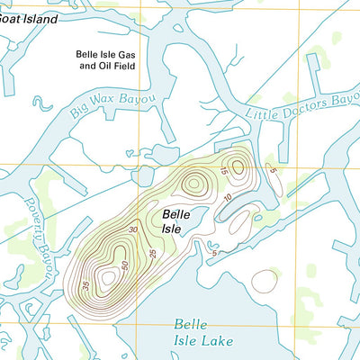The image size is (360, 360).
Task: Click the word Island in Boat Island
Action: point(38,19)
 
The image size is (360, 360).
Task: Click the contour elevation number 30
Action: point(133,230)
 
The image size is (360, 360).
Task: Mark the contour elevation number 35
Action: point(85,287)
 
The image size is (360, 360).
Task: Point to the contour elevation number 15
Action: point(223,170)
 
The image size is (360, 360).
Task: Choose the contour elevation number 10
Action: point(229,196)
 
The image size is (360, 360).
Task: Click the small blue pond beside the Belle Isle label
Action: point(199,216)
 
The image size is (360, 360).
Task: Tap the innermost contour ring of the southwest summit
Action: point(109,278)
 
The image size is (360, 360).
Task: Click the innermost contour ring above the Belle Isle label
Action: point(193,184)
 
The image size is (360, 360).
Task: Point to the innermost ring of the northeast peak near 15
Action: point(238,165)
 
